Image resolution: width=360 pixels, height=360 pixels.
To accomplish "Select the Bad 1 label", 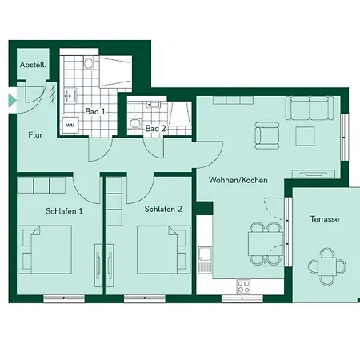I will tap(96, 112).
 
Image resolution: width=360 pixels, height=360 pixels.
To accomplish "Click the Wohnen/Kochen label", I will tap(238, 181).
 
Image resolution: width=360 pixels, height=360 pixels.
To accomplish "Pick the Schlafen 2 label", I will tap(163, 209).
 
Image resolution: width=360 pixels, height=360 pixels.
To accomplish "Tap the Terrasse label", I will tap(326, 218).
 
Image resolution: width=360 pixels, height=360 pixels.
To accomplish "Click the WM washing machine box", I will tap(70, 125).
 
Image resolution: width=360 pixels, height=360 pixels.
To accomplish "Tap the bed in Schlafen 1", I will tap(47, 248).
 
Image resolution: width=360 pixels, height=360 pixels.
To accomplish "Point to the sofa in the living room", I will tap(310, 107).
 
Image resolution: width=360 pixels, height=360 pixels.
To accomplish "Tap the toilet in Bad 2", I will tap(137, 123).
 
